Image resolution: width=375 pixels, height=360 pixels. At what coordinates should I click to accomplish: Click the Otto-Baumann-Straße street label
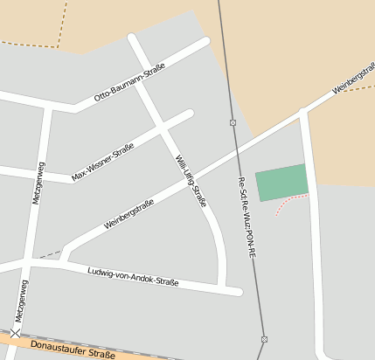tap(130, 88)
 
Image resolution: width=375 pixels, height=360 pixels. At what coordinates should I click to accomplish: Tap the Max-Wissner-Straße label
tap(103, 163)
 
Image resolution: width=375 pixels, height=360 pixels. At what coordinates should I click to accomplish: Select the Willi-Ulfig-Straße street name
tap(191, 180)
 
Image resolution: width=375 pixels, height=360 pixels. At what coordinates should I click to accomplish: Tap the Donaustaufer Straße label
tap(72, 351)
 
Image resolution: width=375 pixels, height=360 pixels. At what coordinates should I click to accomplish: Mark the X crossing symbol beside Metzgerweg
tap(16, 332)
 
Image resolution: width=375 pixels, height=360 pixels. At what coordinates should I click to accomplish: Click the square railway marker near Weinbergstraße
tap(233, 122)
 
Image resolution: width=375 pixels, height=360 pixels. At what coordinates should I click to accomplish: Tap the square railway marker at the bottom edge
tap(263, 339)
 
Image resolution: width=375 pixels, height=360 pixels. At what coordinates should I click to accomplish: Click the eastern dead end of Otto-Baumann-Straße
tap(205, 41)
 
